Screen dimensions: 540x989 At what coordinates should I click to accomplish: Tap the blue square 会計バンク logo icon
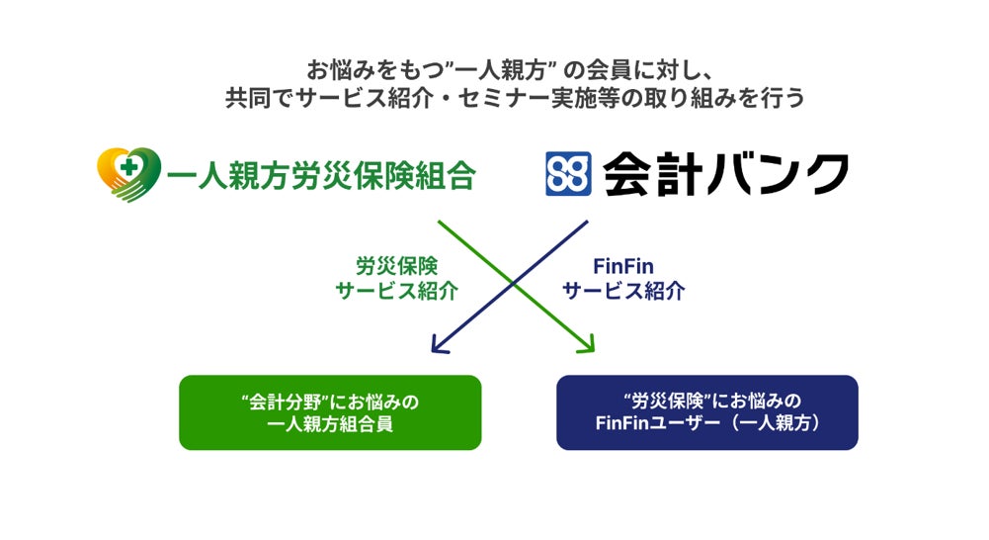[568, 174]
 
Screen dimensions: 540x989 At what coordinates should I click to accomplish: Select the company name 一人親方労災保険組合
[322, 176]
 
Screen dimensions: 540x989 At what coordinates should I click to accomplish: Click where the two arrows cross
[513, 285]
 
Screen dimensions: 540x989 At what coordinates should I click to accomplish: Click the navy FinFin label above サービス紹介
[623, 267]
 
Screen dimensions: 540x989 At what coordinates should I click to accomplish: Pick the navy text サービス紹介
[623, 292]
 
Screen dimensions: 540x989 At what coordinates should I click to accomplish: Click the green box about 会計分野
[330, 412]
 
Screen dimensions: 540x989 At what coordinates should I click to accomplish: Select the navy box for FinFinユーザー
[706, 412]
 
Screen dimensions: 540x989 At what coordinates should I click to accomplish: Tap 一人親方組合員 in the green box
[330, 425]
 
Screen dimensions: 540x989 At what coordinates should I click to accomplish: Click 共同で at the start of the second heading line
[258, 99]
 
